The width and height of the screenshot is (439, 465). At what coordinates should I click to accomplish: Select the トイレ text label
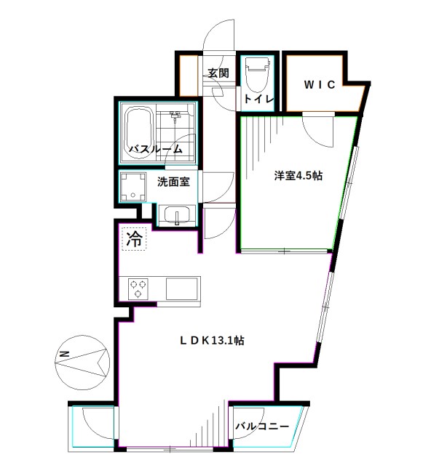pyautogui.click(x=258, y=98)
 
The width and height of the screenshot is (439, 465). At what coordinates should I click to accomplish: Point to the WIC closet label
pyautogui.click(x=320, y=84)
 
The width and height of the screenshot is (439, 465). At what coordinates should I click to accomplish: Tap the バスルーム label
pyautogui.click(x=155, y=150)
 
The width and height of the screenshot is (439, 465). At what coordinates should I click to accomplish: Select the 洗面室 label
pyautogui.click(x=174, y=182)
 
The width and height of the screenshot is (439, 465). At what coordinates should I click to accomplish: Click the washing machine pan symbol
pyautogui.click(x=133, y=187)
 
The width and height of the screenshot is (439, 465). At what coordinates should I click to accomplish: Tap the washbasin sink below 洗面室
pyautogui.click(x=175, y=216)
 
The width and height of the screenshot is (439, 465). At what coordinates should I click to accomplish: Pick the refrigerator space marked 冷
pyautogui.click(x=134, y=238)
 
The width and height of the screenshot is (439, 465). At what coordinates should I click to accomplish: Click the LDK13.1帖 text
pyautogui.click(x=213, y=339)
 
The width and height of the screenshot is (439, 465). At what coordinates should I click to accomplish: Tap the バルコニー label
pyautogui.click(x=261, y=427)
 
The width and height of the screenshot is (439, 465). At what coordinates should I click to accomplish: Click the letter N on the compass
pyautogui.click(x=63, y=355)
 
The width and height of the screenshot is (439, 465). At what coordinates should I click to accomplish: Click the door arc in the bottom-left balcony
pyautogui.click(x=95, y=421)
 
